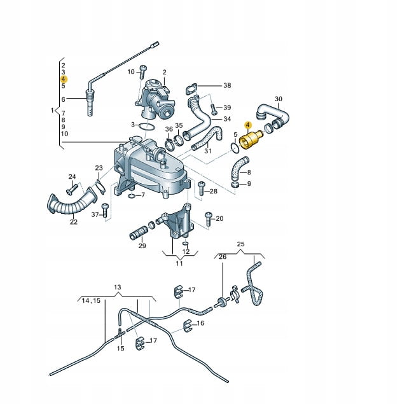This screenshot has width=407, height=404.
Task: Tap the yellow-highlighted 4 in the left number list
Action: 64,79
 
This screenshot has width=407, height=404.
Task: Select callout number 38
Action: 227,85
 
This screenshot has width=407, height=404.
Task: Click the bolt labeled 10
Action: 143,72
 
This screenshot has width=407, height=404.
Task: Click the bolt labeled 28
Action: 202,189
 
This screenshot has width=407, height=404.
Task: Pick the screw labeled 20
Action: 209,219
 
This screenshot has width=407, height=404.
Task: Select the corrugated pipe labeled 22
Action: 72,201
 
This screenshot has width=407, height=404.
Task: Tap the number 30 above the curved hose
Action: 279,99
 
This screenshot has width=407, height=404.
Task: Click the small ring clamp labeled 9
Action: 235,185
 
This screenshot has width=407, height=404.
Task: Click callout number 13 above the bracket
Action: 117,287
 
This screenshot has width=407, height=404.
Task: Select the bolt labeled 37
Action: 105,210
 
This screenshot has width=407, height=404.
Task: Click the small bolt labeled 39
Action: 214,109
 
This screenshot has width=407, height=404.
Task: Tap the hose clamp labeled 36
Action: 170,144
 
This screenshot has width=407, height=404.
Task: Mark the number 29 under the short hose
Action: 142,246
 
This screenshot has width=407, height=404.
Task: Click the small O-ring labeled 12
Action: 185,243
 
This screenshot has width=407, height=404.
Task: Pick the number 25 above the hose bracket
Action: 240,244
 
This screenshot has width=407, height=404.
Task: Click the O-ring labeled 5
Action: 235,148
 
